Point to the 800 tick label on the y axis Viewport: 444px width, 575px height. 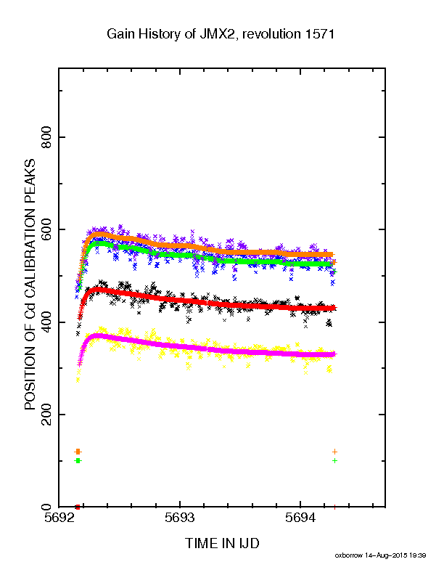[x=46, y=137]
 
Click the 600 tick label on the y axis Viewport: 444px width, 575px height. [x=46, y=229]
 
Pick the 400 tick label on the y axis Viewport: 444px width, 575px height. [x=46, y=322]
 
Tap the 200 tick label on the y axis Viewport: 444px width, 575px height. [x=46, y=415]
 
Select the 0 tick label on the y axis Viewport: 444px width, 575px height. [x=46, y=507]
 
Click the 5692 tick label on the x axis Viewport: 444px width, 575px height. [x=59, y=518]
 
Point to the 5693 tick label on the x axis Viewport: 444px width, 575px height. [x=179, y=518]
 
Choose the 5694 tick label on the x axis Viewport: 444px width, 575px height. [x=300, y=518]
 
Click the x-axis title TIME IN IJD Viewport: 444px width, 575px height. [x=222, y=543]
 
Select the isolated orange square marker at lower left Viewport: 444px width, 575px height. [x=78, y=452]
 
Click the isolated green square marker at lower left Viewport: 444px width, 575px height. [x=78, y=460]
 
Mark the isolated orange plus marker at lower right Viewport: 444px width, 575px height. [x=334, y=452]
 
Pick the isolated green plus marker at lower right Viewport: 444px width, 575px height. [x=334, y=460]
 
